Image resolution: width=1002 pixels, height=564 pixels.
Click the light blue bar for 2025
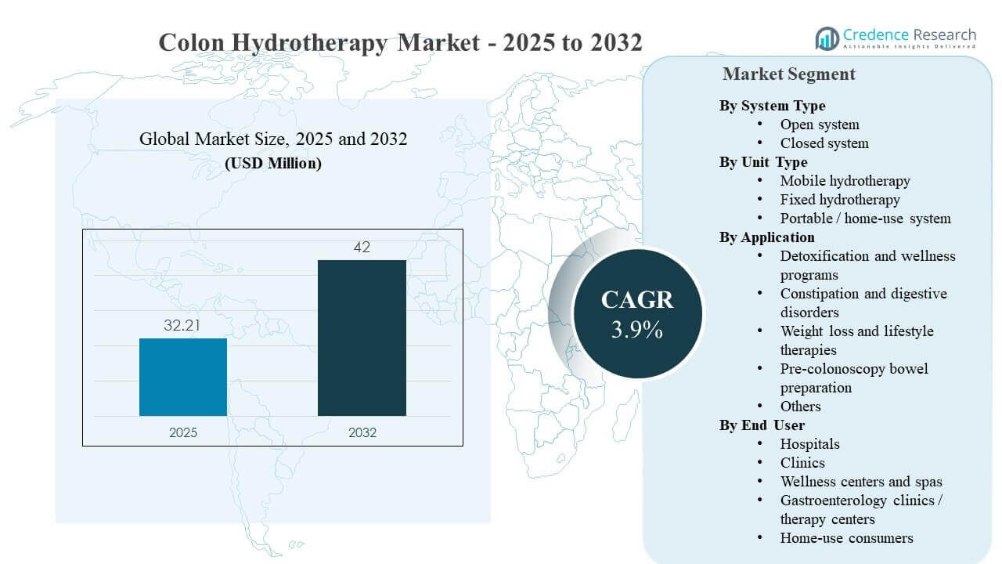[x=183, y=377]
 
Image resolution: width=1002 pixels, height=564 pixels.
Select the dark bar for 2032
[x=362, y=338]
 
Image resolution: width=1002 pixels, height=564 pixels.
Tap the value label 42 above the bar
[x=362, y=248]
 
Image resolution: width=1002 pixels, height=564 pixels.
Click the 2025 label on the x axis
[x=183, y=432]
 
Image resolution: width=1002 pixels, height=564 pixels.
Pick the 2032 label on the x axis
[x=362, y=432]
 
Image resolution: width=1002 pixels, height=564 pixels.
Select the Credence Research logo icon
[x=827, y=38]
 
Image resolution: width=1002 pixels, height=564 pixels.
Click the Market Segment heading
[x=788, y=74]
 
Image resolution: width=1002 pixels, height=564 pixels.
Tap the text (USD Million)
[x=273, y=164]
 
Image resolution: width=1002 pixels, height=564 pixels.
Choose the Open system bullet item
[x=819, y=125]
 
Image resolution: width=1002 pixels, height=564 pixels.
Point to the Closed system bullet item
[x=824, y=143]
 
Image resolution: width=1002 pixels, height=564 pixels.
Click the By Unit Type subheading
[x=763, y=162]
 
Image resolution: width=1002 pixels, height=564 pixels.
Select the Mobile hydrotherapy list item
[x=845, y=181]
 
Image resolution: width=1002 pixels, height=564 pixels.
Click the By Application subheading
[x=766, y=237]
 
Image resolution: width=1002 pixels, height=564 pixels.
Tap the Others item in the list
[x=800, y=407]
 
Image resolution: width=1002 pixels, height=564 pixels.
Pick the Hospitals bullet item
[x=809, y=444]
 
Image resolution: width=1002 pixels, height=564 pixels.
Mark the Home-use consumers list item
[x=846, y=538]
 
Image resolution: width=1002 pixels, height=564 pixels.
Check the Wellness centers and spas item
[x=860, y=482]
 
